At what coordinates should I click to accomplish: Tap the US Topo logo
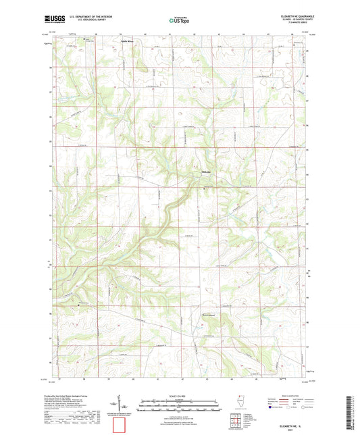(178, 21)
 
